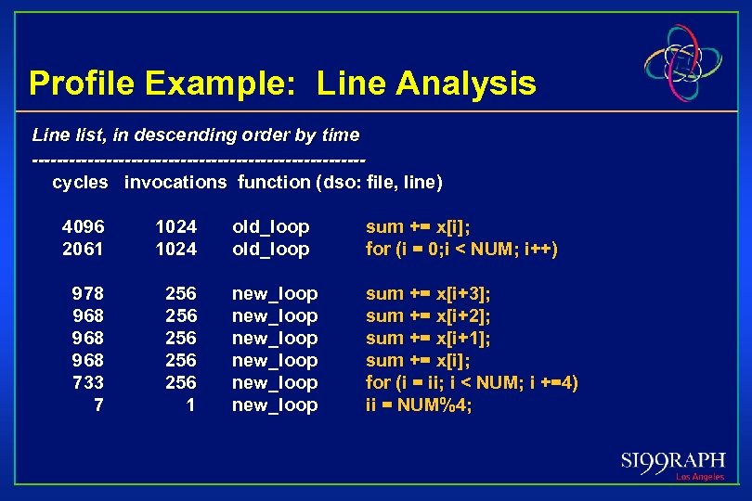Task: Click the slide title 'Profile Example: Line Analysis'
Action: pyautogui.click(x=282, y=83)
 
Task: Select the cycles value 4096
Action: pyautogui.click(x=84, y=226)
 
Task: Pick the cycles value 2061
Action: pyautogui.click(x=84, y=249)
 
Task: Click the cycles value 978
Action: pyautogui.click(x=88, y=293)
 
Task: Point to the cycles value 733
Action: pyautogui.click(x=88, y=382)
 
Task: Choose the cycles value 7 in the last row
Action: pyautogui.click(x=98, y=405)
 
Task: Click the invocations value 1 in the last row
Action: pyautogui.click(x=190, y=405)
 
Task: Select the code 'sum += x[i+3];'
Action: pyautogui.click(x=428, y=293)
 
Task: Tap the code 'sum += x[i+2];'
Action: pyautogui.click(x=428, y=315)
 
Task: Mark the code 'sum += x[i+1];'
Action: pyautogui.click(x=428, y=338)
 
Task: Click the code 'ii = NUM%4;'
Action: pyautogui.click(x=419, y=405)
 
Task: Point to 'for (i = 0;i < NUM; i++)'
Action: pyautogui.click(x=461, y=249)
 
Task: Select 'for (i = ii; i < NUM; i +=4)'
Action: pyautogui.click(x=472, y=382)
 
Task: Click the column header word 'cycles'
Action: pyautogui.click(x=80, y=182)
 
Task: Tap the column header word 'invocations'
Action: pyautogui.click(x=175, y=182)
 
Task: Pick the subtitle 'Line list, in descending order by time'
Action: pyautogui.click(x=196, y=135)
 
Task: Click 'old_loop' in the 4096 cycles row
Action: pyautogui.click(x=270, y=226)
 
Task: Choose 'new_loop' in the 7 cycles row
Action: pyautogui.click(x=274, y=405)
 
